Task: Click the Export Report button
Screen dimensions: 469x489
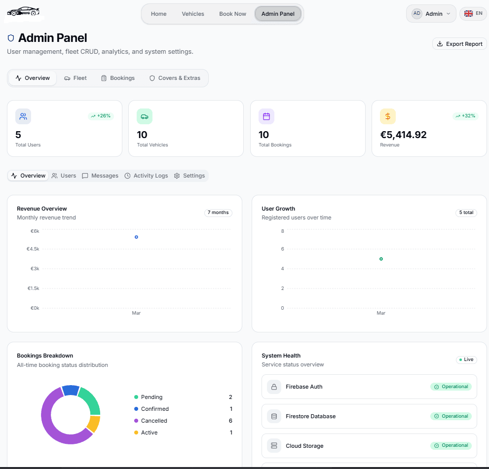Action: pos(459,44)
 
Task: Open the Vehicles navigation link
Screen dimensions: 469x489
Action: pos(193,14)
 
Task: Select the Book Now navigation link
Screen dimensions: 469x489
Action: pos(232,14)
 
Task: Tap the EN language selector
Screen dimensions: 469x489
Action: pos(473,13)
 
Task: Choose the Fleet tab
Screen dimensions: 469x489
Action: pos(75,78)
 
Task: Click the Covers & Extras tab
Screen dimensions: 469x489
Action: pos(175,78)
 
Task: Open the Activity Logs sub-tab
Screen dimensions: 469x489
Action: pos(146,176)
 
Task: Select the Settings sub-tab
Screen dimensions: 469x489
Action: pos(189,176)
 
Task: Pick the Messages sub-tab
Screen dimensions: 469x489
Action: pos(100,176)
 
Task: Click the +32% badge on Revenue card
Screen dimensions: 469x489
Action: pos(465,116)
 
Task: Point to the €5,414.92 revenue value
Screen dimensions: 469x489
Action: pos(403,135)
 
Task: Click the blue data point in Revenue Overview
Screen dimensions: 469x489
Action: pos(136,237)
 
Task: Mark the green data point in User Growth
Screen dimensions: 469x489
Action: pos(381,259)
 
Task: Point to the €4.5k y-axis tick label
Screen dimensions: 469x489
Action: pos(33,249)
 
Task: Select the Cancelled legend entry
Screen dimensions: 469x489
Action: pos(154,421)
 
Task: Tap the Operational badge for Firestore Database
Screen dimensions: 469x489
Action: pos(451,416)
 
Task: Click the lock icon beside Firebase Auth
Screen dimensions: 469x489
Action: pos(274,387)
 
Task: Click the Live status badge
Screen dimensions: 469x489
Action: pos(466,360)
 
